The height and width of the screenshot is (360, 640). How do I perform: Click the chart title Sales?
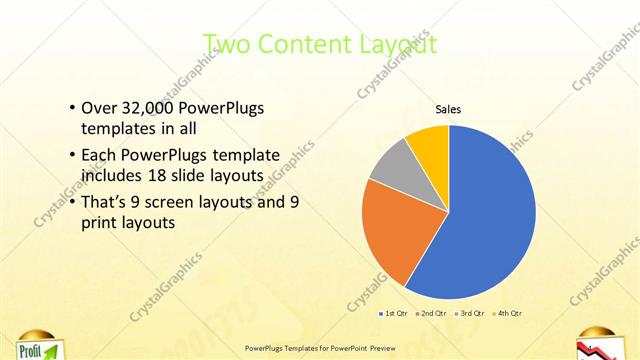[447, 109]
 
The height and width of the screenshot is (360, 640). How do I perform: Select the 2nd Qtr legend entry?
[431, 314]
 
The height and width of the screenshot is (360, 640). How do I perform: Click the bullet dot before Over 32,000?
[71, 108]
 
